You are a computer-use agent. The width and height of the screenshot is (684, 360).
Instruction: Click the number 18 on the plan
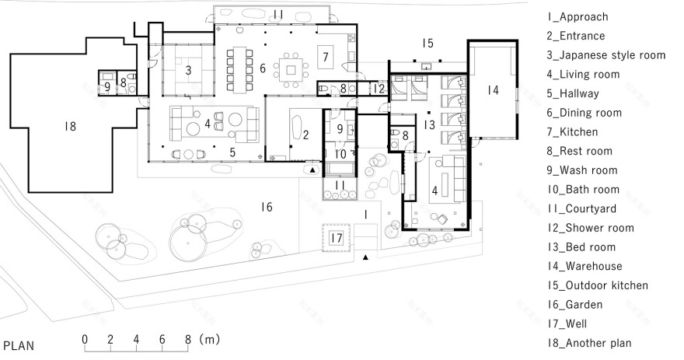click(x=72, y=126)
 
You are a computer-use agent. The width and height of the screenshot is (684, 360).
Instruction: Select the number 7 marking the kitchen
click(x=326, y=56)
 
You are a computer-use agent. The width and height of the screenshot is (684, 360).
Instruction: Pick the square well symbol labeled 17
click(x=335, y=239)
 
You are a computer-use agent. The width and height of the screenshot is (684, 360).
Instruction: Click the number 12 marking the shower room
click(x=378, y=89)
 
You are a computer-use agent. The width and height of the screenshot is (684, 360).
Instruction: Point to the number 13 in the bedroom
click(x=429, y=125)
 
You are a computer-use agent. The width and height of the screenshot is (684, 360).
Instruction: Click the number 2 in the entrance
click(x=305, y=135)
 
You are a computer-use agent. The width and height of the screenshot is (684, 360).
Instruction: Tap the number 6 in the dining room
click(x=263, y=69)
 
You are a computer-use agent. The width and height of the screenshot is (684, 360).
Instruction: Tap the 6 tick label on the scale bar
click(x=162, y=340)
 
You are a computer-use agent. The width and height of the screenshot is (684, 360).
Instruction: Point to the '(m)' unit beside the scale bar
click(x=210, y=340)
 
